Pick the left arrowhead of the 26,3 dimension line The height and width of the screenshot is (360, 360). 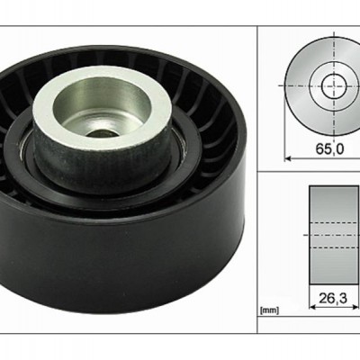[312, 307]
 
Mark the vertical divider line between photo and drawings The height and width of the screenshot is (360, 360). [257, 180]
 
